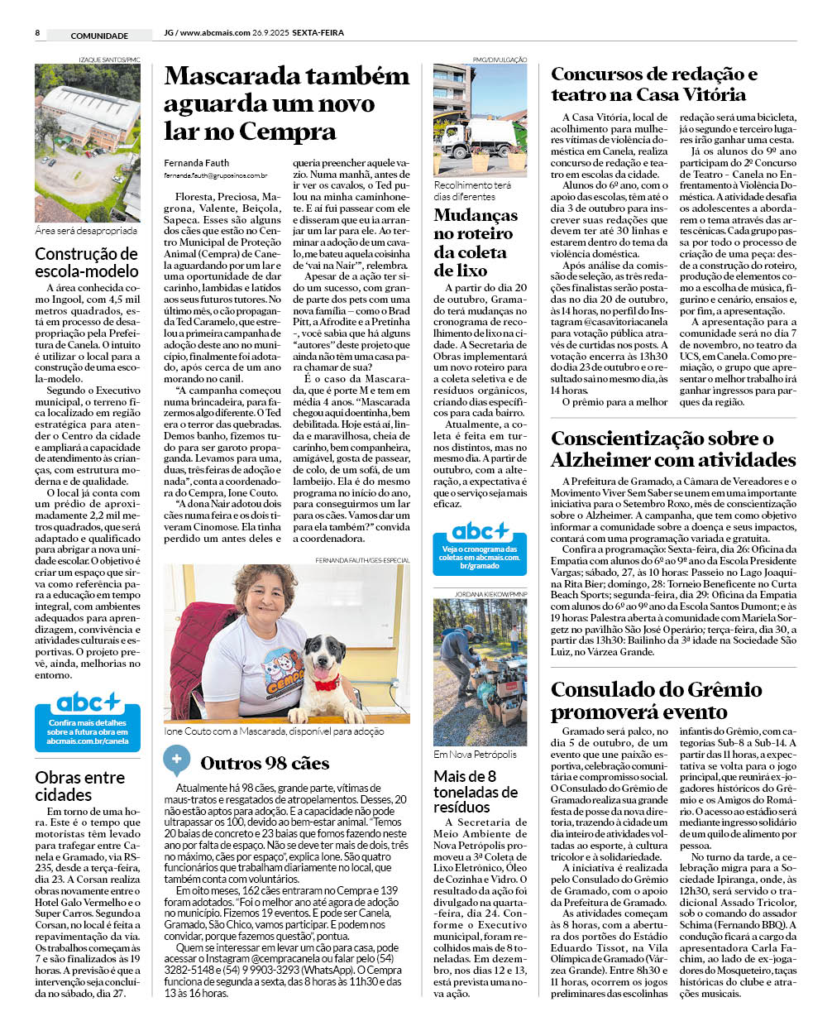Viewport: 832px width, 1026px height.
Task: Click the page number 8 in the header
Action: pos(37,33)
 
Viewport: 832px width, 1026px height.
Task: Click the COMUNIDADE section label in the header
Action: pos(99,36)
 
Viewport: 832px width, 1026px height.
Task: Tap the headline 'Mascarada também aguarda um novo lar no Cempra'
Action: pos(285,103)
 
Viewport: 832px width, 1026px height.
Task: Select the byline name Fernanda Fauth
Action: pos(196,162)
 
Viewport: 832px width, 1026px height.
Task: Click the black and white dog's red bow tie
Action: pos(326,684)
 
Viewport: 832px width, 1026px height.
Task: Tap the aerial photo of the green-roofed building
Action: pos(87,142)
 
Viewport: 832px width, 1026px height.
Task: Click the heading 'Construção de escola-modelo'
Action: pos(87,262)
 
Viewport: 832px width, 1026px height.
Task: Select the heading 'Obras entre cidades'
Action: pos(80,786)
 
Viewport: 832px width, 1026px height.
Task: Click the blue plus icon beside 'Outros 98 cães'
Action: pos(176,760)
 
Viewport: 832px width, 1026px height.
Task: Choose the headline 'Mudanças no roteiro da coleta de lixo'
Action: pos(476,242)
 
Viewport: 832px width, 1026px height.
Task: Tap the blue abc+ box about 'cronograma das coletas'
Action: pos(480,547)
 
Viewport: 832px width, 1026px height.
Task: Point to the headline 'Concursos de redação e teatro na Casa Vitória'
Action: pos(653,84)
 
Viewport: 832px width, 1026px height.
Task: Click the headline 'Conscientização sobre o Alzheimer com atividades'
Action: pos(672,449)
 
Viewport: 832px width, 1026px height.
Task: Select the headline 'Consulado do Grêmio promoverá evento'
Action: pos(656,701)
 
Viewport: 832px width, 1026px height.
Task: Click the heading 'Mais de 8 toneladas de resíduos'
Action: pos(476,791)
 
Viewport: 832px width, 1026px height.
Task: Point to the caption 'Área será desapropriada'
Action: pos(86,232)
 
